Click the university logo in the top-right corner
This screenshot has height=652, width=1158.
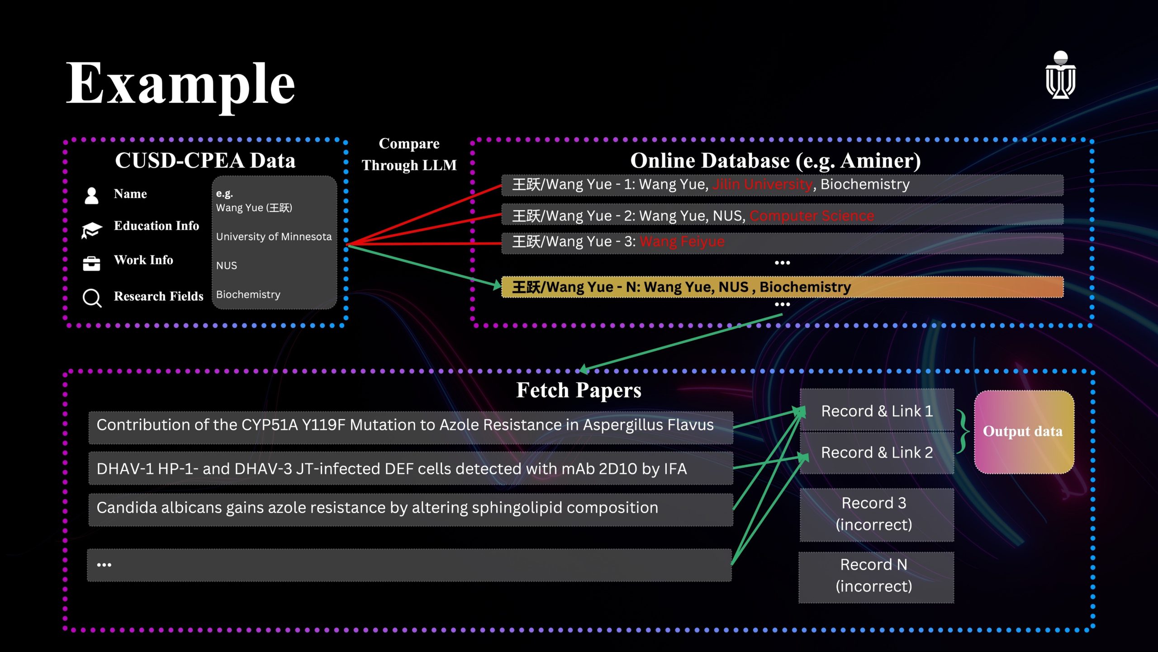(1060, 75)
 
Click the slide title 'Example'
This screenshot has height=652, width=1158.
(180, 84)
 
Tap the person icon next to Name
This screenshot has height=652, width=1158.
(91, 195)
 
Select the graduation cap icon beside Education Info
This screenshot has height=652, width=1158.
(91, 230)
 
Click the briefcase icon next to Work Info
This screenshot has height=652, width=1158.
(91, 263)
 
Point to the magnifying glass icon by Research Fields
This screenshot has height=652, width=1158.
(92, 298)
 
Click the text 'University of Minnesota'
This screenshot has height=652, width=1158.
(274, 236)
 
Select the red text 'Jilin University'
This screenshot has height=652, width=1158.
(762, 184)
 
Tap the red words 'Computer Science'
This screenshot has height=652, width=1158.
(812, 216)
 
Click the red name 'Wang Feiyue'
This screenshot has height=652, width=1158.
(682, 241)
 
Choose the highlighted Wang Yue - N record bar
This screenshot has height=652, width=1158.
(782, 287)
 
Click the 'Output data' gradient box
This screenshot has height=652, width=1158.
(1024, 432)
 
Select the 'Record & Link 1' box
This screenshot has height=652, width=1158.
(877, 411)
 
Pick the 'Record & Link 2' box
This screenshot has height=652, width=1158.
(877, 452)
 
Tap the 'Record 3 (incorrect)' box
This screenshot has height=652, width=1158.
(877, 514)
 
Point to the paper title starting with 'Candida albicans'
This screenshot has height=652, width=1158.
(377, 508)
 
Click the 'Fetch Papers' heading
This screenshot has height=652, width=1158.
(579, 390)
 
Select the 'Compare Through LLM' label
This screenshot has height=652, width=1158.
(409, 154)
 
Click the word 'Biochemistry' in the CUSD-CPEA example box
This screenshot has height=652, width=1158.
(248, 294)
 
